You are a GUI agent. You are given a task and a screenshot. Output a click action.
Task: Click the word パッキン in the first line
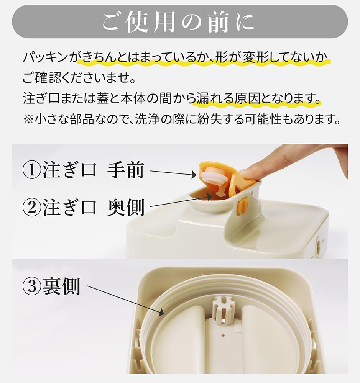(x=46, y=58)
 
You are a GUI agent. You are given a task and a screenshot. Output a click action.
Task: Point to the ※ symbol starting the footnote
(x=29, y=120)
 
